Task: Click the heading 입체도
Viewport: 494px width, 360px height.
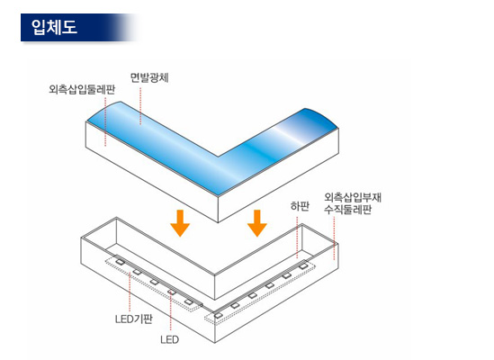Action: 54,27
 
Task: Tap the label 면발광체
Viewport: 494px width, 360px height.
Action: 149,77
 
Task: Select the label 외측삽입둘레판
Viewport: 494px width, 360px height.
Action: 82,89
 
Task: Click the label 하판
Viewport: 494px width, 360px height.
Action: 300,206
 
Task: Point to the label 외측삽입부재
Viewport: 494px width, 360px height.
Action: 353,197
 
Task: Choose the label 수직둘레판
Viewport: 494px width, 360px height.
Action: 348,210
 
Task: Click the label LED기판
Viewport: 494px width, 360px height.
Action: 134,319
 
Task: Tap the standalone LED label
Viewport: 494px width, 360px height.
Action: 169,339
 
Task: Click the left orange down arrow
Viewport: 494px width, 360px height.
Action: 180,223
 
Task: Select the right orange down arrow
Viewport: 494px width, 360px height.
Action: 257,223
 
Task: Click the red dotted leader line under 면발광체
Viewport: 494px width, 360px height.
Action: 140,106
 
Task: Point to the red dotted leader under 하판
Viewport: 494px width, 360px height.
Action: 297,238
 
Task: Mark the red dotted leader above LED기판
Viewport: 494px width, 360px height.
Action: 130,292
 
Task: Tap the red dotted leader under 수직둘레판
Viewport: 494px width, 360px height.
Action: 334,238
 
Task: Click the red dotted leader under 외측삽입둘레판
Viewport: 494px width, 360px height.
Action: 105,121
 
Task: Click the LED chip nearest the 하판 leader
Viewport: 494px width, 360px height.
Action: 302,266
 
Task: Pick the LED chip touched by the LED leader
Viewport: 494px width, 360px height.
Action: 171,292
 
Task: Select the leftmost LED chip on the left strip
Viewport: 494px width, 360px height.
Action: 120,261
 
